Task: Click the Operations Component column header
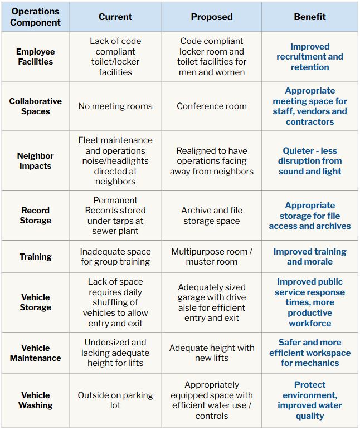coord(36,17)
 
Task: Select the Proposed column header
coord(212,17)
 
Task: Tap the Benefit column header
coord(309,17)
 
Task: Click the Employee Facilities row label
coord(36,57)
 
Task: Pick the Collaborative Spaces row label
coord(36,106)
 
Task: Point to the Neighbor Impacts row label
coord(36,161)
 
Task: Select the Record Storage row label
coord(36,216)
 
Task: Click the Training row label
coord(36,257)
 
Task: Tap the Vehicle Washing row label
coord(36,400)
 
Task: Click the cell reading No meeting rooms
coord(115,106)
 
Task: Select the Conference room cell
coord(212,106)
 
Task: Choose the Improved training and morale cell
coord(309,257)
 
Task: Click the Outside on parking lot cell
coord(115,400)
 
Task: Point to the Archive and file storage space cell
coord(212,216)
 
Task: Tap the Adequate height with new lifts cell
coord(212,353)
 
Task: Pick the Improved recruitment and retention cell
coord(309,57)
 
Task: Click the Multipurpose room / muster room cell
coord(212,257)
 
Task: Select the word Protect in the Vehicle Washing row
coord(310,385)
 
